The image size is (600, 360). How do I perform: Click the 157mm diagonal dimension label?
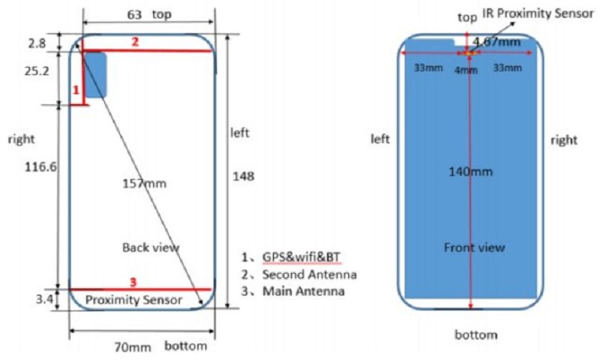[x=144, y=184]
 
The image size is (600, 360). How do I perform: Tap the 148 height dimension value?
[x=243, y=176]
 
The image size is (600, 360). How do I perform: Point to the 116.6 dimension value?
[x=40, y=166]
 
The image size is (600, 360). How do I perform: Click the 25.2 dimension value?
[x=37, y=70]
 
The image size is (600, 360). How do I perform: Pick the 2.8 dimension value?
[x=37, y=43]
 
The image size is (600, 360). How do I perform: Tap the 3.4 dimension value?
[x=45, y=298]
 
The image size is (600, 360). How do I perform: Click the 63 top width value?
[x=134, y=15]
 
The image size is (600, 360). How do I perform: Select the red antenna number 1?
[x=76, y=90]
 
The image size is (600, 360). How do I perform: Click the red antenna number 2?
[x=135, y=42]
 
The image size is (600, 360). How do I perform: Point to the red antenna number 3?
[x=133, y=282]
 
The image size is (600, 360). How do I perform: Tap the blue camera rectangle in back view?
[x=95, y=75]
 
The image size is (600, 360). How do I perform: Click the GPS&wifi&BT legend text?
[x=301, y=257]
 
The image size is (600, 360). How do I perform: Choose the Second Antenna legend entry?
[x=309, y=274]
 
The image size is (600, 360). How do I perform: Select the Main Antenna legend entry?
[x=303, y=291]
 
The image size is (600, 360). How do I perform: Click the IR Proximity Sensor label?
[x=538, y=13]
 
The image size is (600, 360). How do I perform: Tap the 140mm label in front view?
[x=470, y=172]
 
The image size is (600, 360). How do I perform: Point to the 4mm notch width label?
[x=466, y=70]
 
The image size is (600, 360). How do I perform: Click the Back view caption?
[x=151, y=247]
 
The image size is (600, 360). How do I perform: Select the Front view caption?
[x=474, y=247]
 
